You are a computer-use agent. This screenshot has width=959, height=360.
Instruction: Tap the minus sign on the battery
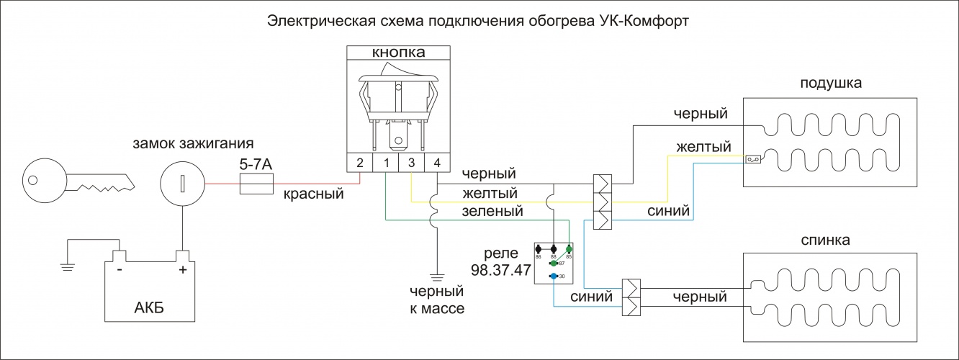pos(120,271)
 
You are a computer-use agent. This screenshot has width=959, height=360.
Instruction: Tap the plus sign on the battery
pos(182,271)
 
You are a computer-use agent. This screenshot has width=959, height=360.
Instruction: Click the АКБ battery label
pos(149,309)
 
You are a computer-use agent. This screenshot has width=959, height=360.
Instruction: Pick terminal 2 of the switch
pos(360,163)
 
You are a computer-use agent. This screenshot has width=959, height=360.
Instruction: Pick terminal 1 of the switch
pos(386,163)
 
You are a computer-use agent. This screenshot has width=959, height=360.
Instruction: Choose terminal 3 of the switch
pos(411,163)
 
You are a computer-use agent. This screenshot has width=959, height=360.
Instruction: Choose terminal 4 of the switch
pos(436,163)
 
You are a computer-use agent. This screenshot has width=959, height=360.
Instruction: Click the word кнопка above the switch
pos(397,53)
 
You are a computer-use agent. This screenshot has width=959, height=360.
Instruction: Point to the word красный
pos(313,194)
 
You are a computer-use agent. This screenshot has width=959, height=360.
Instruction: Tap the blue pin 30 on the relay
pos(552,276)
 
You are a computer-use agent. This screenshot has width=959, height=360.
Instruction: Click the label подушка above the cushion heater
pos(831,84)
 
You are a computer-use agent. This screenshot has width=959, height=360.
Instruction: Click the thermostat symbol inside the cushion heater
pos(754,159)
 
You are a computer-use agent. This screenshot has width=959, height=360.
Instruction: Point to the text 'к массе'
pos(436,310)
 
